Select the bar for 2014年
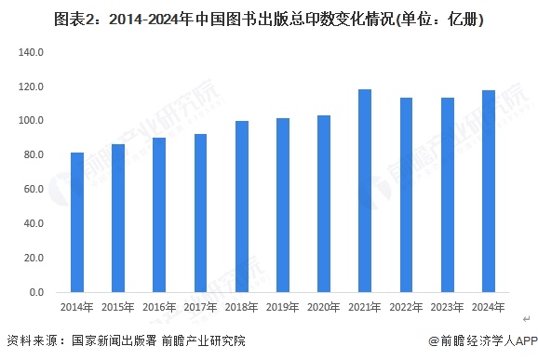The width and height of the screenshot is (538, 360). click(77, 222)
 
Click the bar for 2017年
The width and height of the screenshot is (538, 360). click(201, 213)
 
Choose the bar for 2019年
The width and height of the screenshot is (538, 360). click(283, 206)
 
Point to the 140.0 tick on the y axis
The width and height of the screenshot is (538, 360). click(32, 52)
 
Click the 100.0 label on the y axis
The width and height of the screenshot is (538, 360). click(32, 121)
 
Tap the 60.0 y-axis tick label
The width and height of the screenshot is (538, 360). click(34, 190)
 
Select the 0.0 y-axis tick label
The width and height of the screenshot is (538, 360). click(36, 292)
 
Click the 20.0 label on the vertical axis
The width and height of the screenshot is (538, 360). click(34, 258)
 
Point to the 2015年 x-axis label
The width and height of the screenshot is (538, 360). click(118, 307)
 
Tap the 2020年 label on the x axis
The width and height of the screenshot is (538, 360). click(324, 307)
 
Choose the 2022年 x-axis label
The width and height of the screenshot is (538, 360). click(406, 307)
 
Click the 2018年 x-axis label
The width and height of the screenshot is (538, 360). click(242, 307)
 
